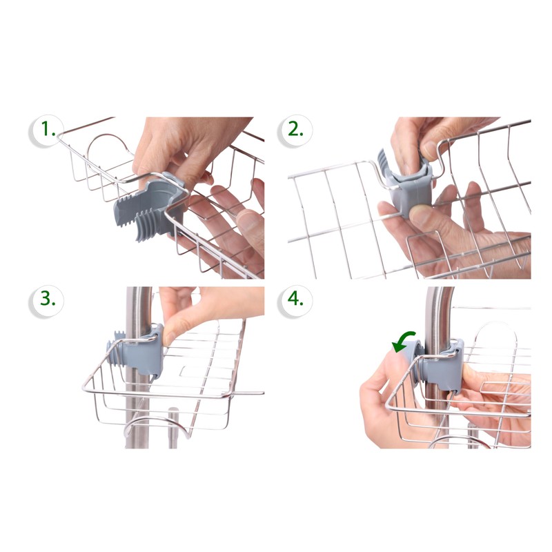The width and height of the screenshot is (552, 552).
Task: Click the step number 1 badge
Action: [x=46, y=130]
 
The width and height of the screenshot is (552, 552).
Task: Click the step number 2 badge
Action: [x=295, y=130]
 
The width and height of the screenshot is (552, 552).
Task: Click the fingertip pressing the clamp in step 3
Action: [x=170, y=334]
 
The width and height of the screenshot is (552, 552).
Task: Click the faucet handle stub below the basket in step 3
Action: [x=173, y=427]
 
